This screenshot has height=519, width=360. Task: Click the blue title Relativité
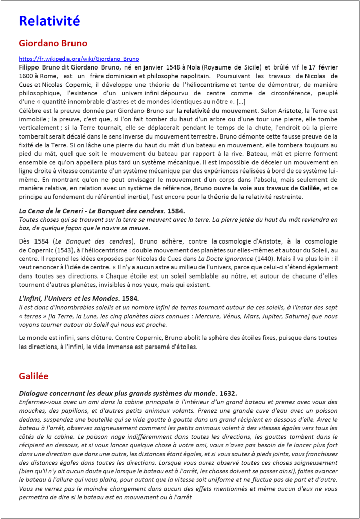[49, 21]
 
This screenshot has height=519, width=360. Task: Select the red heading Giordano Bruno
[53, 43]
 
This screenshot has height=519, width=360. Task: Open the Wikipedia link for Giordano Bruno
[79, 59]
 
